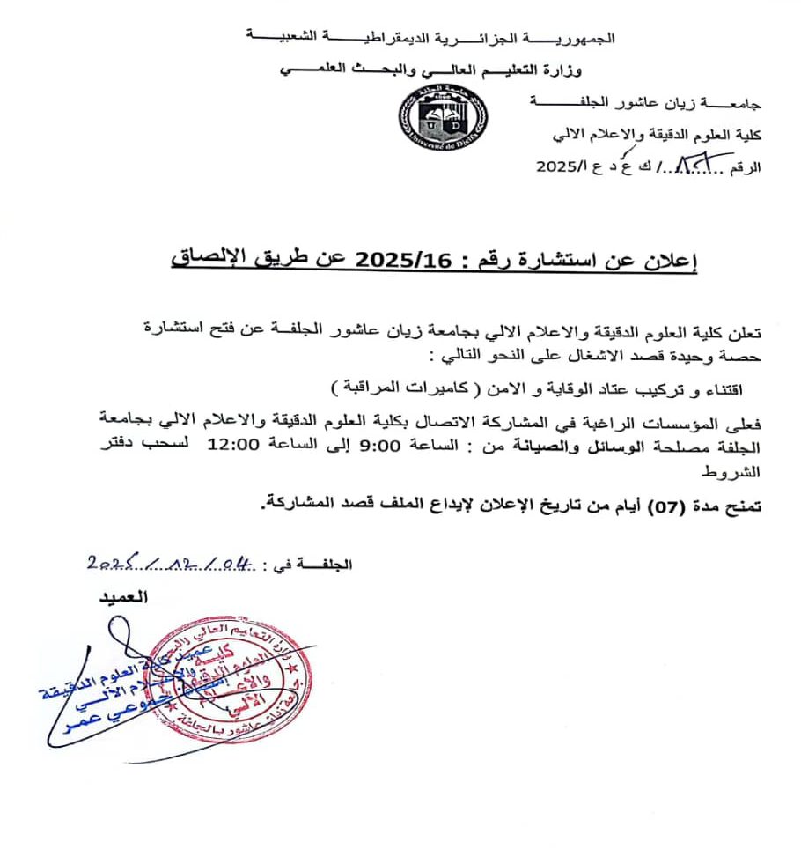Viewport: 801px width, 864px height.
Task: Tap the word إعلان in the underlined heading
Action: point(674,261)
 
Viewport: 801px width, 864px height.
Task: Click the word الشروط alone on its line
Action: point(739,472)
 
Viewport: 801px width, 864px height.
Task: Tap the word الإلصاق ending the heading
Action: point(207,261)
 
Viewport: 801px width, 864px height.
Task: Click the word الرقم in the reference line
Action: point(746,166)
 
